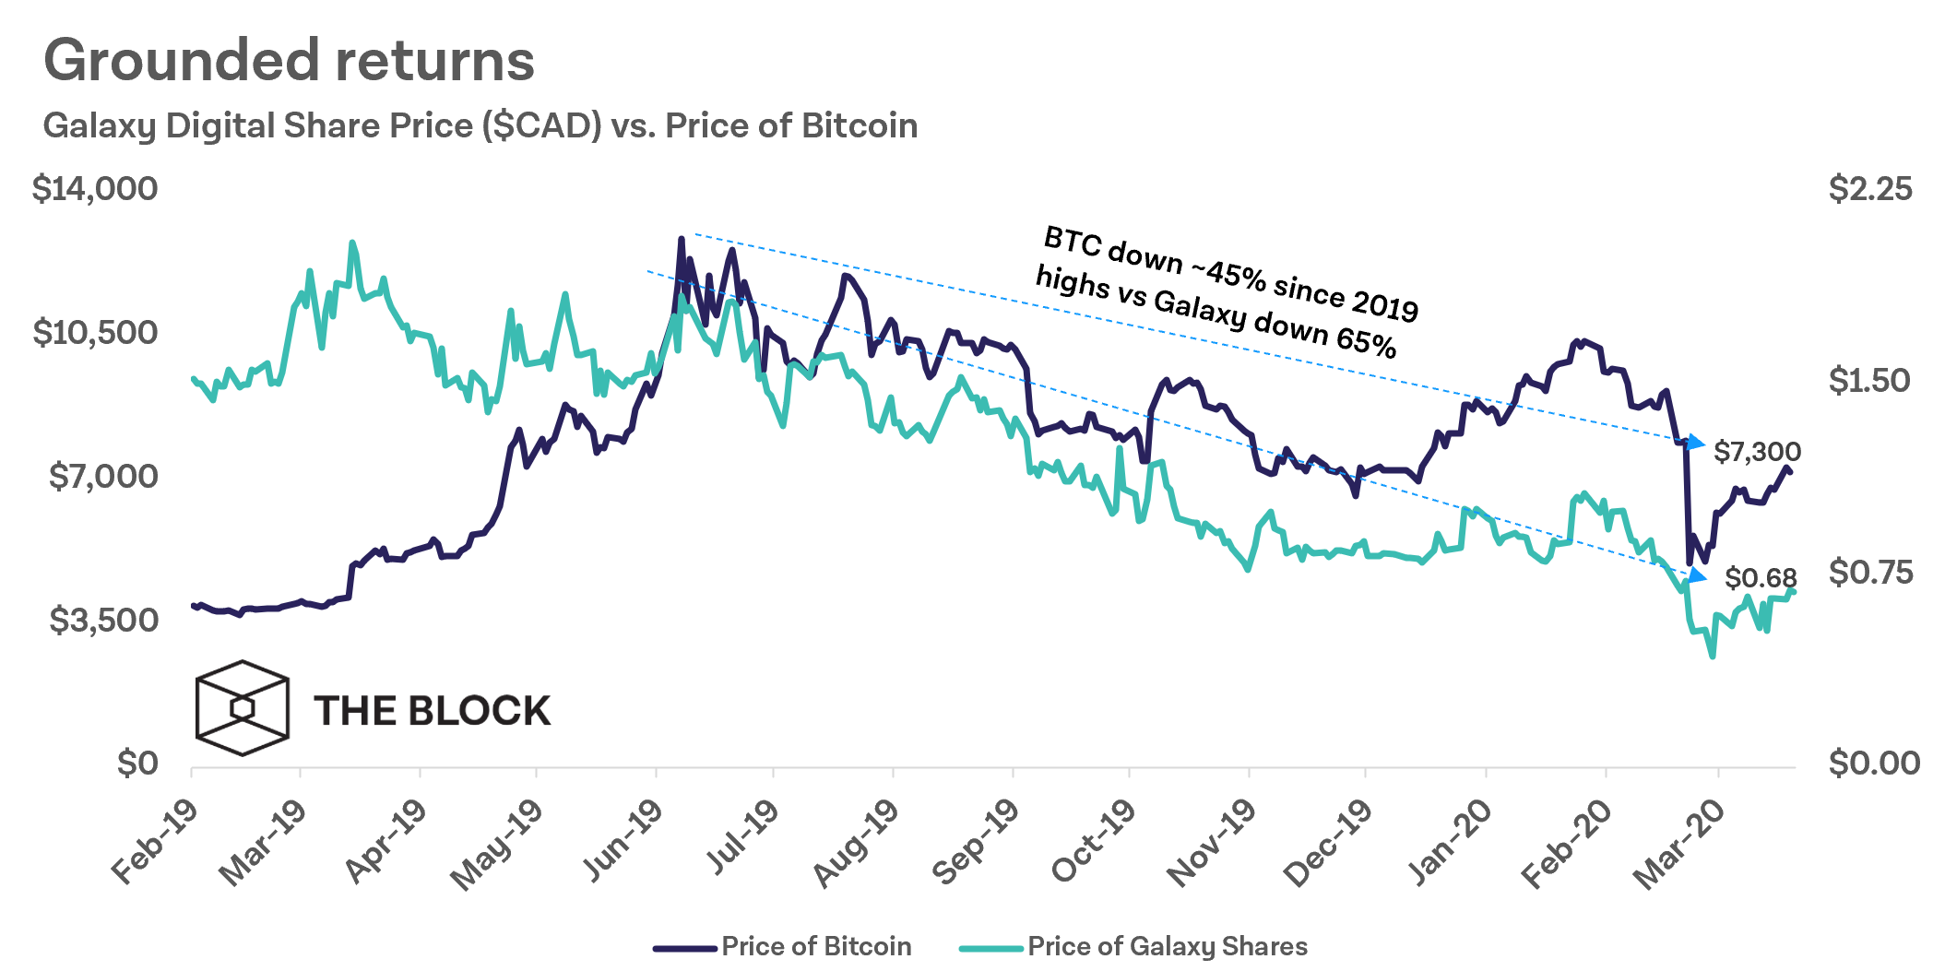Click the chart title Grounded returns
(289, 61)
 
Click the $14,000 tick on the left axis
(95, 189)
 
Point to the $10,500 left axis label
(95, 333)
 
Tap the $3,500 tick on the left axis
(103, 621)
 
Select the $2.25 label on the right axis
(1869, 189)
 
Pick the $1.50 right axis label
(1869, 381)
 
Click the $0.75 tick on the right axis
(1871, 573)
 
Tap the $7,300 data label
(1757, 452)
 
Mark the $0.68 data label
(1761, 578)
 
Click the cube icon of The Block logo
(243, 708)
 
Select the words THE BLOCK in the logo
(432, 711)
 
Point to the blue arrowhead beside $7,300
(1695, 444)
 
